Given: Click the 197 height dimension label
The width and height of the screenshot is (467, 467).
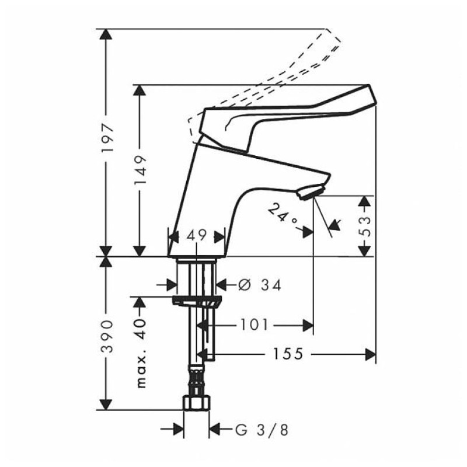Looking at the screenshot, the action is pyautogui.click(x=107, y=137).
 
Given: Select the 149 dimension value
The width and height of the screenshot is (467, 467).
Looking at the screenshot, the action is pyautogui.click(x=140, y=170).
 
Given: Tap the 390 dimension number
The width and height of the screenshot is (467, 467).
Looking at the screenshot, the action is pyautogui.click(x=107, y=337).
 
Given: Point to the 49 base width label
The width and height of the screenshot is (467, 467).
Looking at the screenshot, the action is pyautogui.click(x=197, y=235).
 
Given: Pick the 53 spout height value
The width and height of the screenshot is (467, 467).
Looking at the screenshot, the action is pyautogui.click(x=366, y=226).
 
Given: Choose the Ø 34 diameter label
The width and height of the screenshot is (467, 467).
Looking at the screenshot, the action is pyautogui.click(x=260, y=285).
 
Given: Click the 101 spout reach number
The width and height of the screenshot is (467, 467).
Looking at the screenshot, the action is pyautogui.click(x=254, y=325).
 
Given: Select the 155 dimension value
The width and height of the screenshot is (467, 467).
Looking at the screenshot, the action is pyautogui.click(x=288, y=354).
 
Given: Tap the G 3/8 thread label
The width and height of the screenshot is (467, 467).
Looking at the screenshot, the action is pyautogui.click(x=262, y=430).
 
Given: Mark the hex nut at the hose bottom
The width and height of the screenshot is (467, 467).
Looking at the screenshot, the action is pyautogui.click(x=197, y=403).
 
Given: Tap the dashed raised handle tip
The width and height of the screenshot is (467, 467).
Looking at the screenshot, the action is pyautogui.click(x=333, y=38).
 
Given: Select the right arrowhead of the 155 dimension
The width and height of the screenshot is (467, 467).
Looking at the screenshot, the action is pyautogui.click(x=371, y=354).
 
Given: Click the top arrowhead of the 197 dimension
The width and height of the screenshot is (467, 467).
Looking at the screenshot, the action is pyautogui.click(x=106, y=34).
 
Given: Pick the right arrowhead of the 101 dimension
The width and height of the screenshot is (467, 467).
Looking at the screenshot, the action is pyautogui.click(x=308, y=325).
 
